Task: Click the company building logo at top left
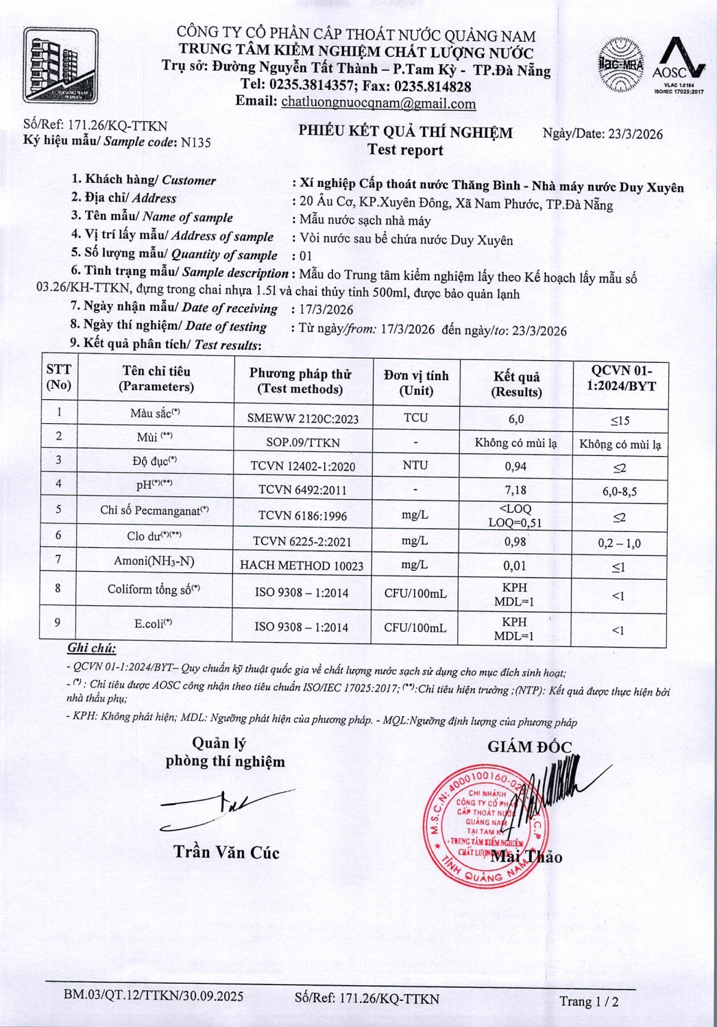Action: tap(60, 66)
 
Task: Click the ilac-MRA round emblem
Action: tap(620, 65)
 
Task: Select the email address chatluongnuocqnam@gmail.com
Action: tap(378, 103)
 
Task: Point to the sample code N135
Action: tap(196, 142)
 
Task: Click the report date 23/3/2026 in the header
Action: tap(635, 134)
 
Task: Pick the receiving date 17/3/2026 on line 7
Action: tap(326, 309)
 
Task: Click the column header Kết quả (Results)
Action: tap(516, 384)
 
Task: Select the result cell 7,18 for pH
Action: tap(515, 490)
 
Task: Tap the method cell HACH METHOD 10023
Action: tap(302, 566)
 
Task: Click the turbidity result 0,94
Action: tap(515, 466)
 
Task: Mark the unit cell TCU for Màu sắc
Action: tap(415, 418)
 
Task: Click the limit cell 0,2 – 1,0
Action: tap(619, 543)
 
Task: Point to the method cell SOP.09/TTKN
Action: tap(302, 442)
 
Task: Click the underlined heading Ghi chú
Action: tap(91, 648)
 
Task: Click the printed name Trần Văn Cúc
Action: tap(226, 852)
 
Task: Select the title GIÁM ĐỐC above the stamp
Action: tap(529, 747)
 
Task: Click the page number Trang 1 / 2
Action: tap(589, 1001)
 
